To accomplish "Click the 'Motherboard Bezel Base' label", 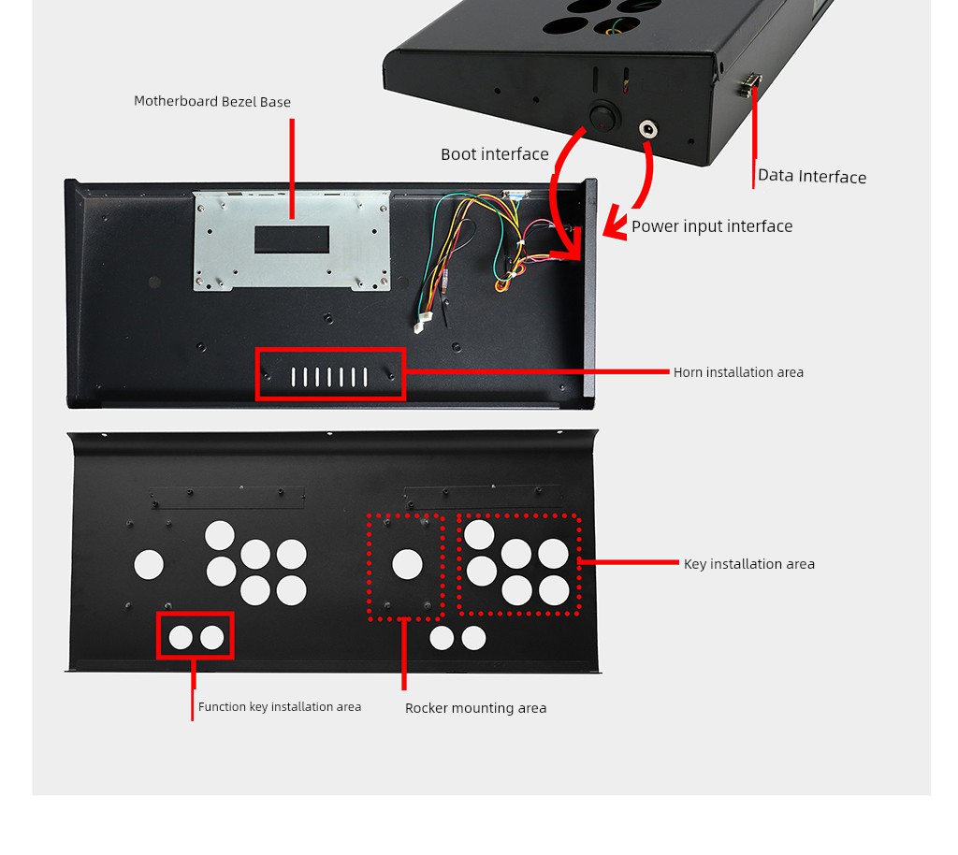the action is [x=212, y=101].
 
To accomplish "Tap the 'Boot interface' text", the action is [x=495, y=154].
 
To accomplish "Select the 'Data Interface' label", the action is [x=812, y=176].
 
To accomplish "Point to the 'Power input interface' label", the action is [x=712, y=226].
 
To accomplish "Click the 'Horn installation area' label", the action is [x=738, y=372].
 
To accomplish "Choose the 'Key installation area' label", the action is [x=749, y=564].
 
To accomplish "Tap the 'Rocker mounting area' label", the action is [x=475, y=708].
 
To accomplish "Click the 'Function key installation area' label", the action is [x=279, y=706].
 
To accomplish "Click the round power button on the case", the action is [x=604, y=117].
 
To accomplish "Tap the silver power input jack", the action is [x=647, y=129].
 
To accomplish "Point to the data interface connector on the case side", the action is [x=749, y=85].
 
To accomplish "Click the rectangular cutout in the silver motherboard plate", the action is [x=292, y=239].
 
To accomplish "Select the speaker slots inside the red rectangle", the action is [x=329, y=377].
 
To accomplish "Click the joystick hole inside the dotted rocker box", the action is [x=407, y=564].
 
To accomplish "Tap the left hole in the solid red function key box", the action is [x=181, y=638].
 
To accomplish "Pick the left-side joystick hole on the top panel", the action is [x=149, y=565].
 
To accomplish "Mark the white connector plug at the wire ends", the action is [x=424, y=321].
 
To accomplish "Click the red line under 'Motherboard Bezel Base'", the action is [x=292, y=168].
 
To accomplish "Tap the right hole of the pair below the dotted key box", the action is [x=473, y=638].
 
